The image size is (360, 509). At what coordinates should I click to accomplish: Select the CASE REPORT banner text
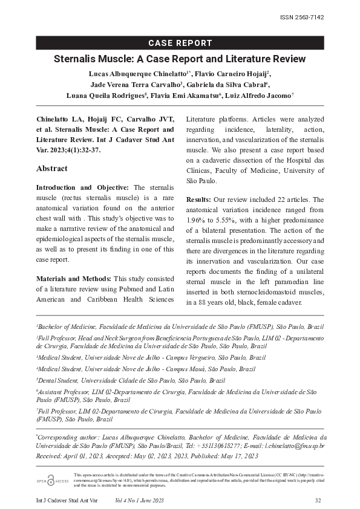click(x=180, y=43)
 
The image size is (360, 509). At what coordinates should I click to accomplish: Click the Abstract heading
click(x=52, y=168)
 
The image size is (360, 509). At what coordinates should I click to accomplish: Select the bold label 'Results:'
click(x=199, y=199)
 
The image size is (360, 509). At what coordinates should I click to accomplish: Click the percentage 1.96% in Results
click(x=196, y=220)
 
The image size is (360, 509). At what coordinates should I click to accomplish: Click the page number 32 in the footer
click(x=318, y=501)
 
